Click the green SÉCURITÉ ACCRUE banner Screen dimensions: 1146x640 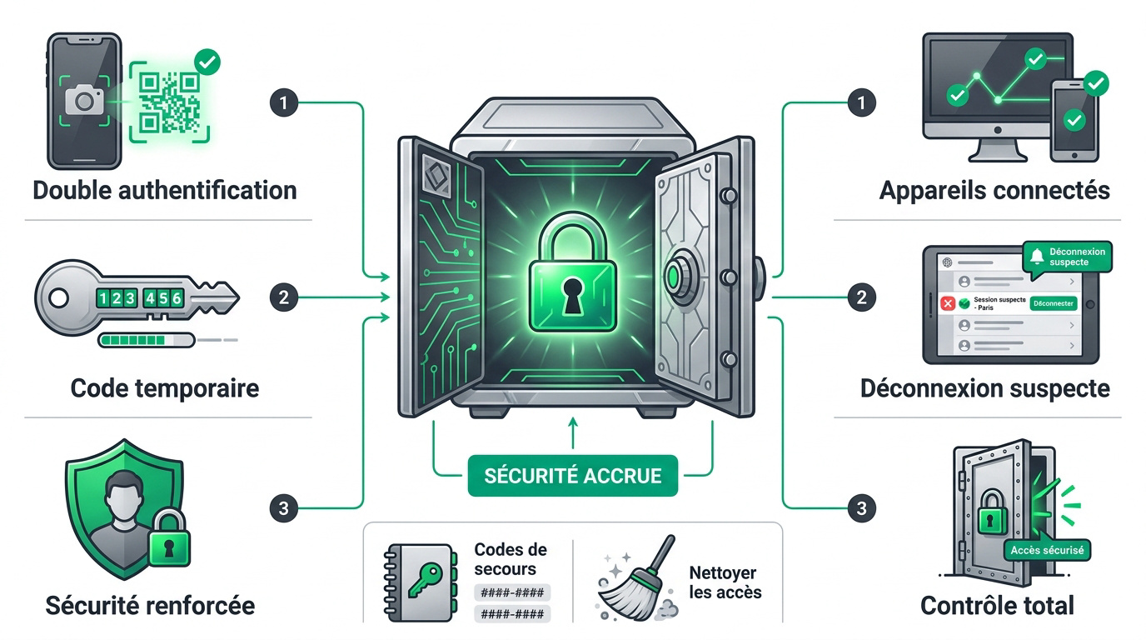[x=572, y=476]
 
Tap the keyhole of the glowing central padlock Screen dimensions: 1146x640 [x=572, y=296]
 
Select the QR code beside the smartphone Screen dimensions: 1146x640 [x=169, y=102]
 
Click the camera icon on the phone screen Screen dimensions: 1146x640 [x=84, y=100]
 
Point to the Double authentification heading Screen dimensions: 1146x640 [x=165, y=191]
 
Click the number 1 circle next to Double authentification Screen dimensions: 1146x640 [x=284, y=102]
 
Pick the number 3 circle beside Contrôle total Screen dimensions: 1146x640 [x=861, y=507]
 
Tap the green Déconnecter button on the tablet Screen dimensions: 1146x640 [x=1054, y=303]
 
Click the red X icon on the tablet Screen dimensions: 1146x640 [x=948, y=303]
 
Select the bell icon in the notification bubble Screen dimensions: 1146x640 [x=1037, y=256]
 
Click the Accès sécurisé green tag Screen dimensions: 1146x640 [x=1047, y=550]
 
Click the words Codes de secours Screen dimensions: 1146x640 [x=510, y=559]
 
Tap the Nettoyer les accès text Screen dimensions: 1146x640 [x=725, y=582]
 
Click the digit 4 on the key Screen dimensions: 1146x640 [x=150, y=298]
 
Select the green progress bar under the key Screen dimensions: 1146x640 [x=147, y=340]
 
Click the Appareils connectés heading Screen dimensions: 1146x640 [x=994, y=191]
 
